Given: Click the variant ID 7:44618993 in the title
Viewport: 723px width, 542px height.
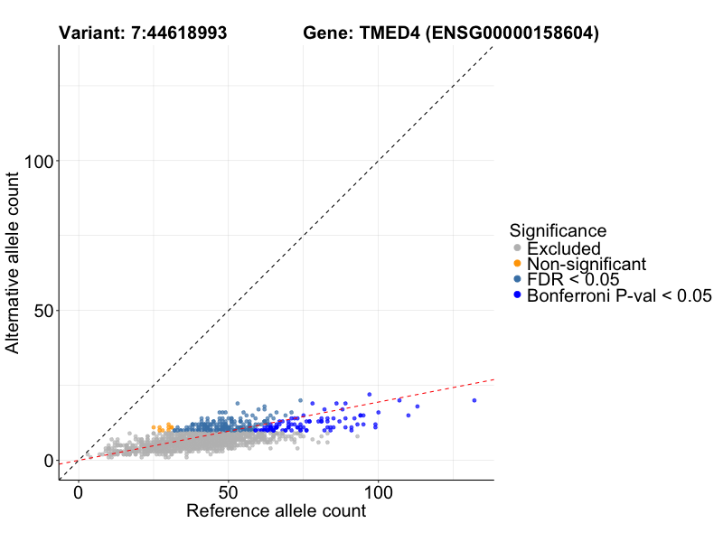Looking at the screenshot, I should coord(178,33).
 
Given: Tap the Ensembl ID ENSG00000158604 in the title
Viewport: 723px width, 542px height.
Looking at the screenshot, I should coord(513,33).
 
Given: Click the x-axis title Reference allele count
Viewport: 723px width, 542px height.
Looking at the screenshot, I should coord(276,511).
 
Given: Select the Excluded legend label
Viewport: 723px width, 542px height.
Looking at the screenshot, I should coord(563,248).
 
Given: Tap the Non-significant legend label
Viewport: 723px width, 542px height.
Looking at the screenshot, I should coord(587,264).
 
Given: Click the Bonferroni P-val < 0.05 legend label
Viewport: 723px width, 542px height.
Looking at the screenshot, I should coord(619,295).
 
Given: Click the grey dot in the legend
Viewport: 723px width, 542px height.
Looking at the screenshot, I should coord(517,248).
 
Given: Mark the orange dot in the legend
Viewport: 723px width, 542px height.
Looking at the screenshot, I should coord(517,264).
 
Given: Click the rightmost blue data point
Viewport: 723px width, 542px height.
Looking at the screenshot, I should coord(474,400).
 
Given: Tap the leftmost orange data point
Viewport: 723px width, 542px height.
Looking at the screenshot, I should coord(154,427).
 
